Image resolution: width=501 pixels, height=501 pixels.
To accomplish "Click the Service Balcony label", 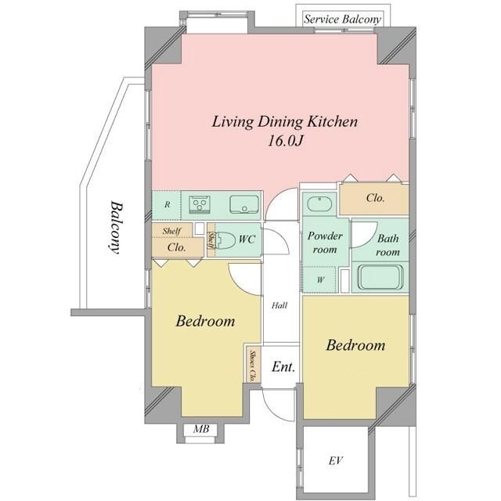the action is tap(342, 19).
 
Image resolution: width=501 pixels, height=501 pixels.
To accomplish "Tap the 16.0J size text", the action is tap(284, 141).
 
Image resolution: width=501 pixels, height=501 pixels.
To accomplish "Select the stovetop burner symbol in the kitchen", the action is tap(200, 204).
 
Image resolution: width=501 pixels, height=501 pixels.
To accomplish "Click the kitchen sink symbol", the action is tap(244, 204).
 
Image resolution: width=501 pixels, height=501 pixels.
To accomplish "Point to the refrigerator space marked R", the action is tap(167, 205).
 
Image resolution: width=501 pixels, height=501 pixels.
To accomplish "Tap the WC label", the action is tap(247, 240).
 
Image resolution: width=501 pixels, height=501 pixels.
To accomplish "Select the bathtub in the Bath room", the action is tap(380, 277).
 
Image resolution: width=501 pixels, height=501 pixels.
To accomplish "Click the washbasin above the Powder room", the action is tap(319, 204).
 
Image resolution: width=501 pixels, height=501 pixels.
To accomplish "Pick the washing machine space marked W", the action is tap(320, 280).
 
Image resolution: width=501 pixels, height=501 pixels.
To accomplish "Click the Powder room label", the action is tap(325, 243).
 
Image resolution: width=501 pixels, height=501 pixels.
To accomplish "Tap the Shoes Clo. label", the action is tap(253, 366).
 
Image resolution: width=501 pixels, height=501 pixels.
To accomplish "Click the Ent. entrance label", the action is tap(283, 366).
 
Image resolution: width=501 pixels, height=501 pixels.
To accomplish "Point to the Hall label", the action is tap(279, 305).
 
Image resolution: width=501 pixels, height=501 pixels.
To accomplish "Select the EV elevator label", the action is tap(336, 460).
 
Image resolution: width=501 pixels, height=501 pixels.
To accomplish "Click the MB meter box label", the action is tap(201, 429).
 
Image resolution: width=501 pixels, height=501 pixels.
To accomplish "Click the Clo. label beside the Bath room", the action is tap(375, 198).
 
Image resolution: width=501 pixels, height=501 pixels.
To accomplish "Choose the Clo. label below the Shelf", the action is tap(176, 247).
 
